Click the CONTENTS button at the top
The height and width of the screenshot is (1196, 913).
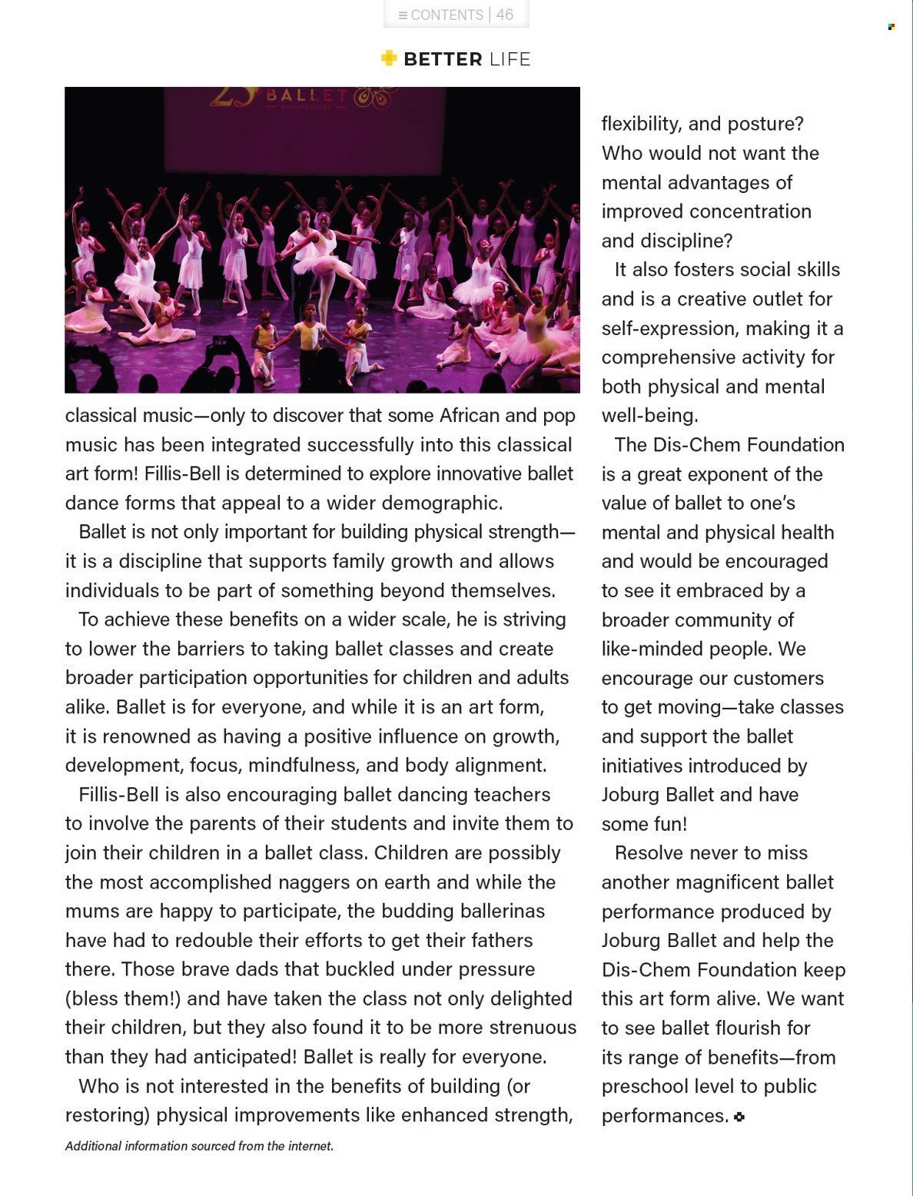coord(441,15)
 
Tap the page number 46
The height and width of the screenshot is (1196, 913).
coord(505,15)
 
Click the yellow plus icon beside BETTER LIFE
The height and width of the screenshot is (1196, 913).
coord(389,58)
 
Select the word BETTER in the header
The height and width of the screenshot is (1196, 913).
coord(443,59)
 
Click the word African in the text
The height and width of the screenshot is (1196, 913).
coord(469,416)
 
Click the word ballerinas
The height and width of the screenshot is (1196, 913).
coord(503,912)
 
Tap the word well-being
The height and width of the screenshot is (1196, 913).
coord(649,416)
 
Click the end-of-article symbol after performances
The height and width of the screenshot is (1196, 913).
coord(739,1117)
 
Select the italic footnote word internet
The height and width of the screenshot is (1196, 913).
coord(310,1146)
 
